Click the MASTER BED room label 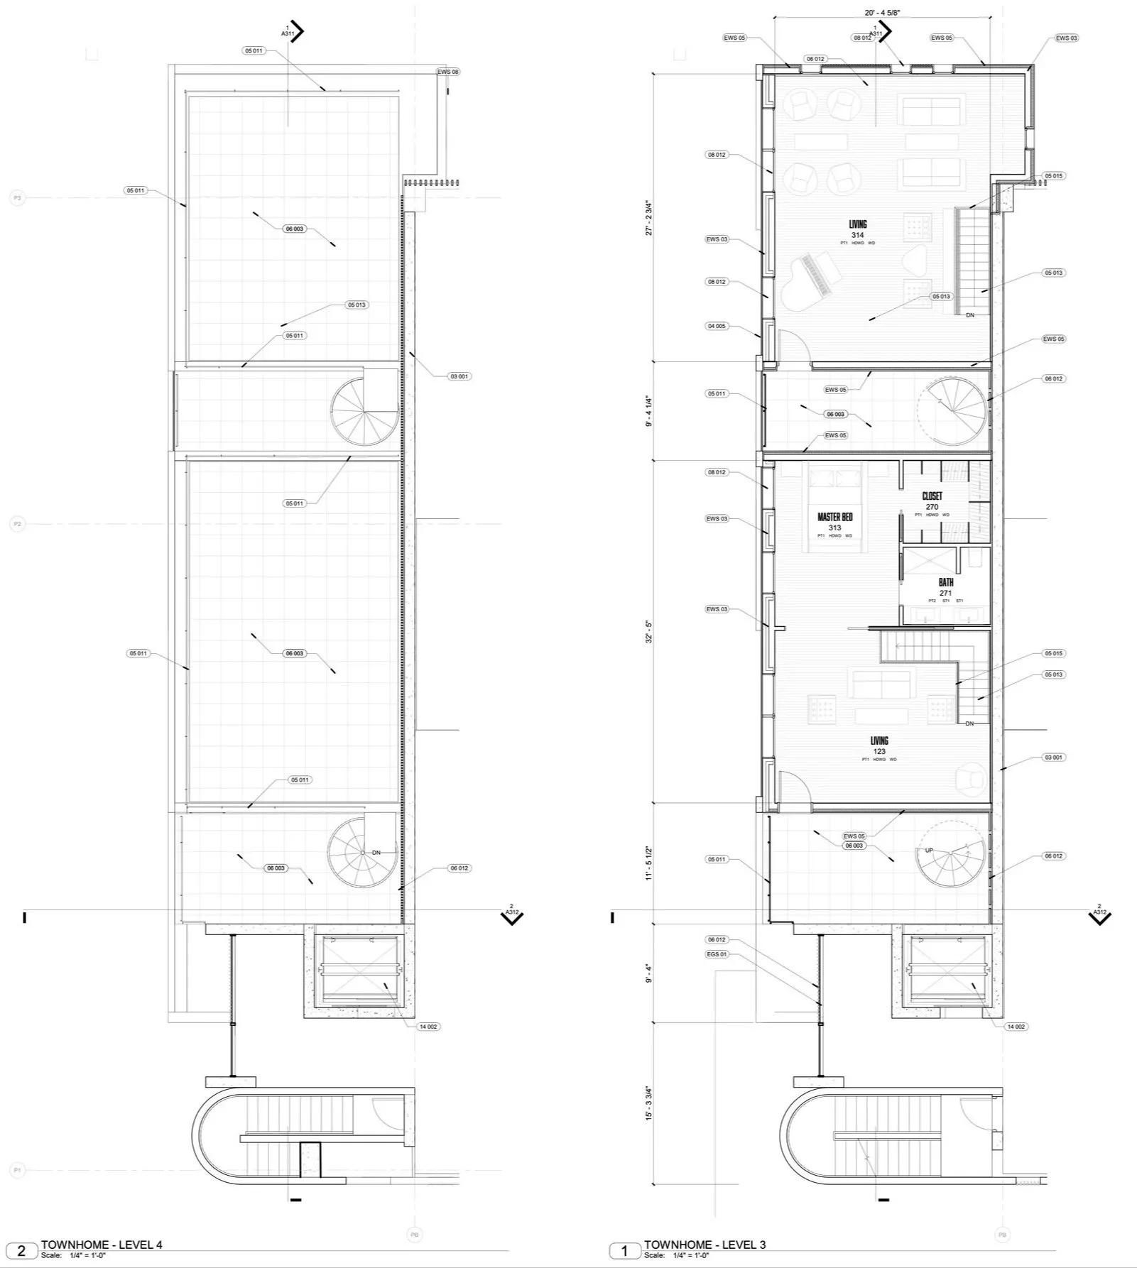click(x=834, y=521)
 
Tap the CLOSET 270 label click(x=932, y=501)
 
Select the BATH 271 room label click(x=945, y=586)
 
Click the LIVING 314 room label click(x=857, y=229)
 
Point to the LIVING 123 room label click(x=879, y=745)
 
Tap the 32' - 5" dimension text click(x=648, y=631)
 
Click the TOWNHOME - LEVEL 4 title click(x=102, y=1245)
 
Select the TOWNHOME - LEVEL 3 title click(x=704, y=1245)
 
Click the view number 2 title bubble click(x=21, y=1250)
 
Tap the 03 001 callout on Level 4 click(x=459, y=376)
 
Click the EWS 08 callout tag click(x=447, y=72)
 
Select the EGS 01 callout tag click(x=717, y=954)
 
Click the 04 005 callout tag click(x=717, y=326)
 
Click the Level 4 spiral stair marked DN click(x=361, y=851)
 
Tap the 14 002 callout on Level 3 click(x=1016, y=1027)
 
